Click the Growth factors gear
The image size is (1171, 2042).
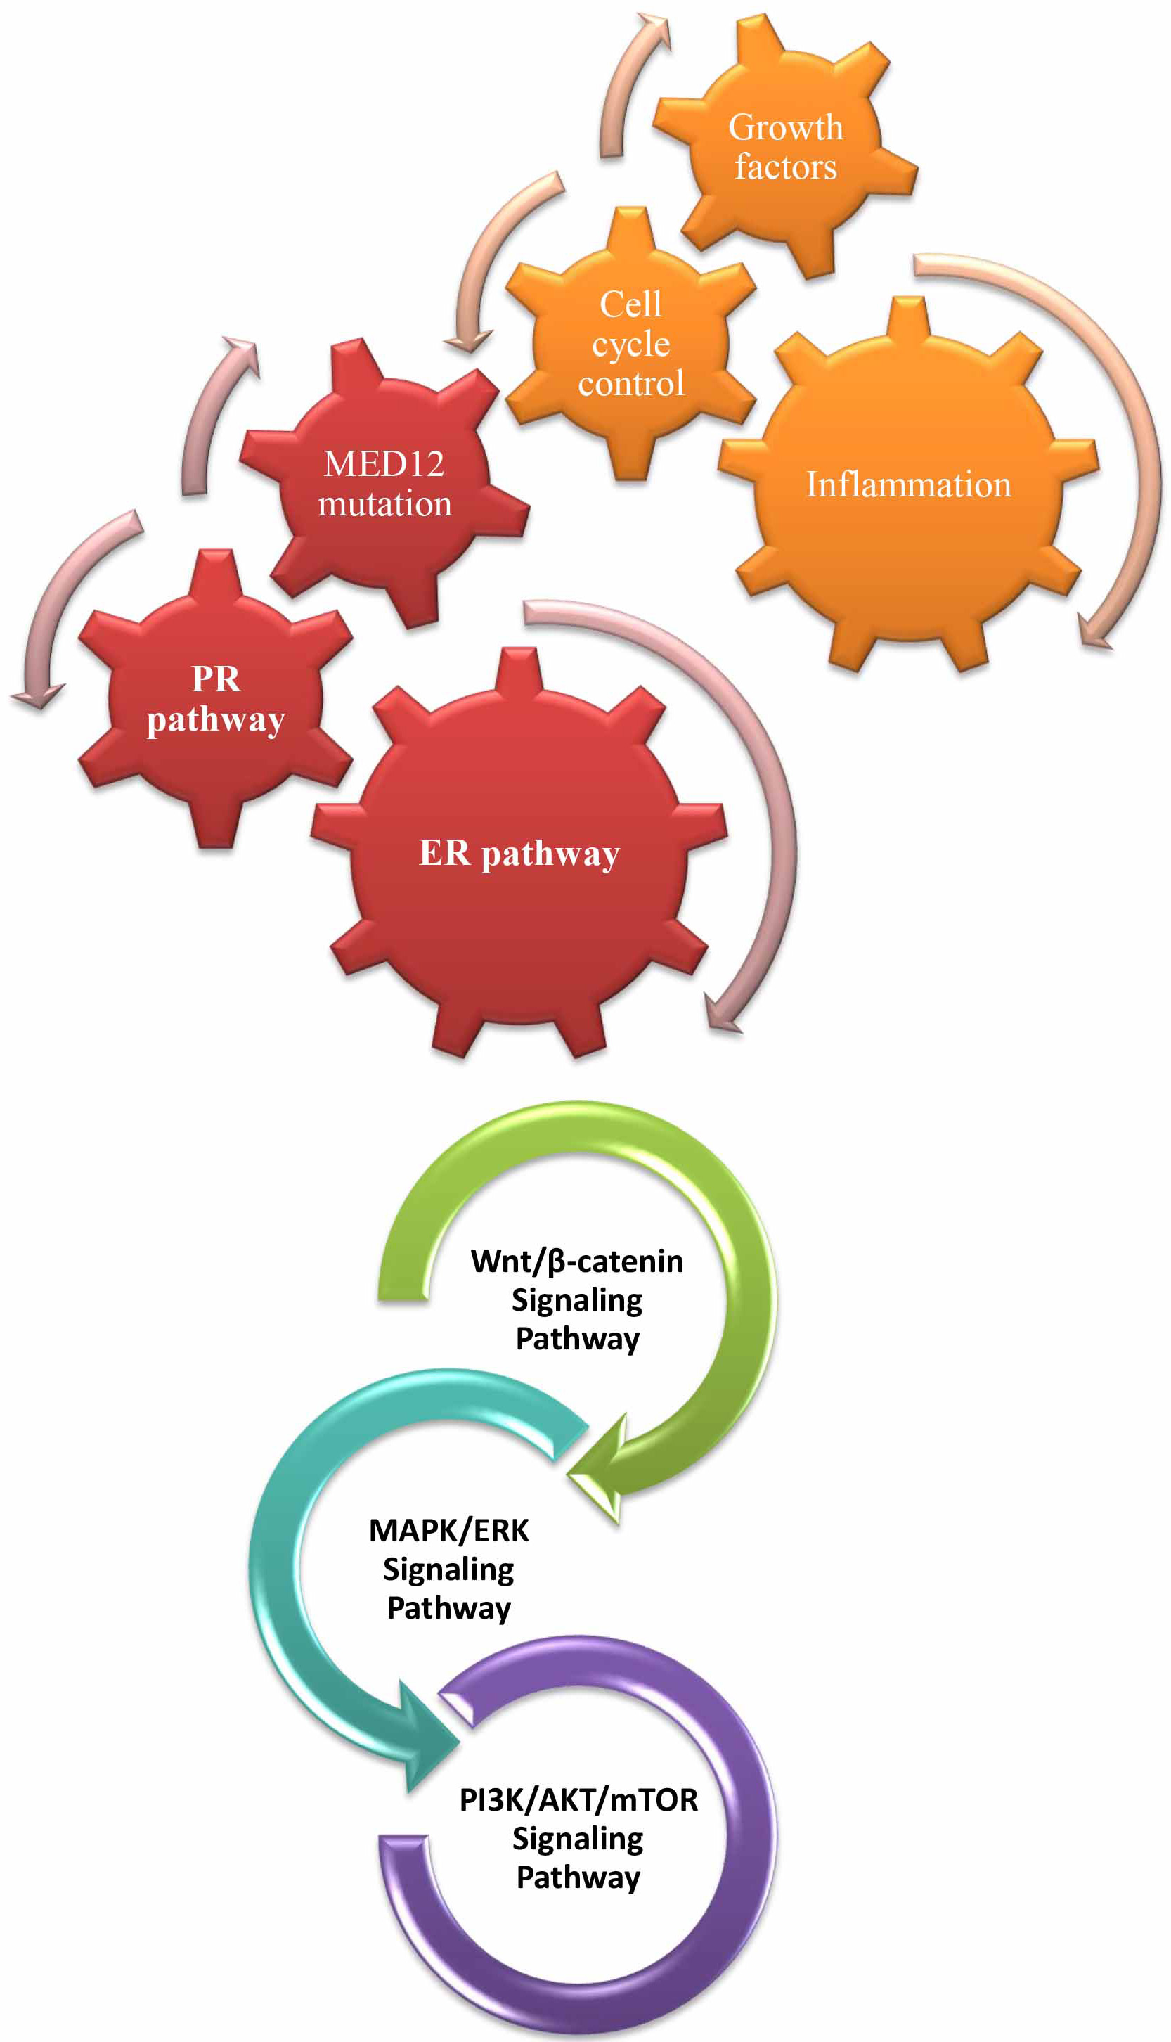(x=785, y=146)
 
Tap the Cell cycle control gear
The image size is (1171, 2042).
(x=630, y=344)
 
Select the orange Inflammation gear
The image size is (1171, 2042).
(x=908, y=484)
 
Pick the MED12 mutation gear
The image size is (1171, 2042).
(x=384, y=483)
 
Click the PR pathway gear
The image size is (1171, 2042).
(x=216, y=698)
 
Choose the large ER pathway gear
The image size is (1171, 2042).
(x=519, y=853)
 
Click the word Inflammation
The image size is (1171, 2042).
(x=909, y=484)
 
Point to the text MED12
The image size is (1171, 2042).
(x=384, y=463)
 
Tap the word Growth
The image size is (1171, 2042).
(x=786, y=127)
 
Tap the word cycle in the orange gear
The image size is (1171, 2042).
(x=631, y=345)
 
